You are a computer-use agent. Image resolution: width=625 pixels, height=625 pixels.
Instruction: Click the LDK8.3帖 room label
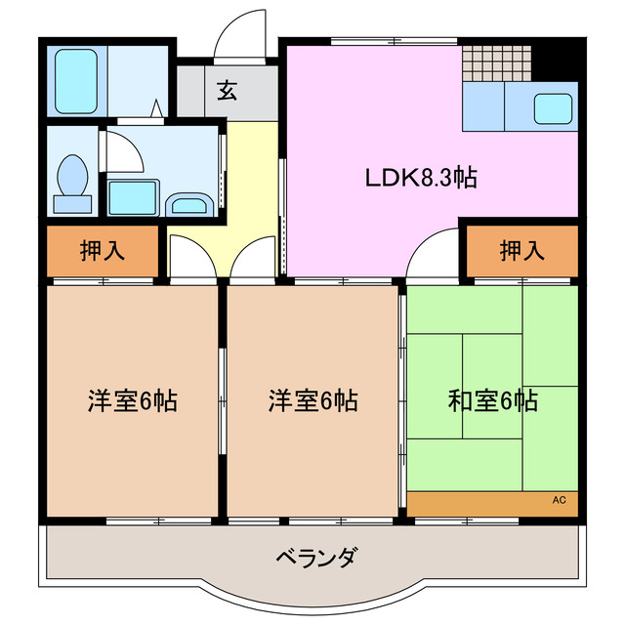click(x=421, y=178)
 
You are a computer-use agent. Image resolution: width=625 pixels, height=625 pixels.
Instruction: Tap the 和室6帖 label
click(x=492, y=400)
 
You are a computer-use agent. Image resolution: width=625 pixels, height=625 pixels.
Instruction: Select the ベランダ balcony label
click(x=315, y=559)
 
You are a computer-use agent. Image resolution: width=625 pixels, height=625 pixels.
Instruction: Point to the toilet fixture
click(x=74, y=182)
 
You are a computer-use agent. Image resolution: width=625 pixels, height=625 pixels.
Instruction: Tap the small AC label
click(x=559, y=500)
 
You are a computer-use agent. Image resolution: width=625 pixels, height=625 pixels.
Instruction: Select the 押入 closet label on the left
click(x=102, y=251)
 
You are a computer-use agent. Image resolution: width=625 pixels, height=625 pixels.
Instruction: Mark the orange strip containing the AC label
click(x=493, y=502)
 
